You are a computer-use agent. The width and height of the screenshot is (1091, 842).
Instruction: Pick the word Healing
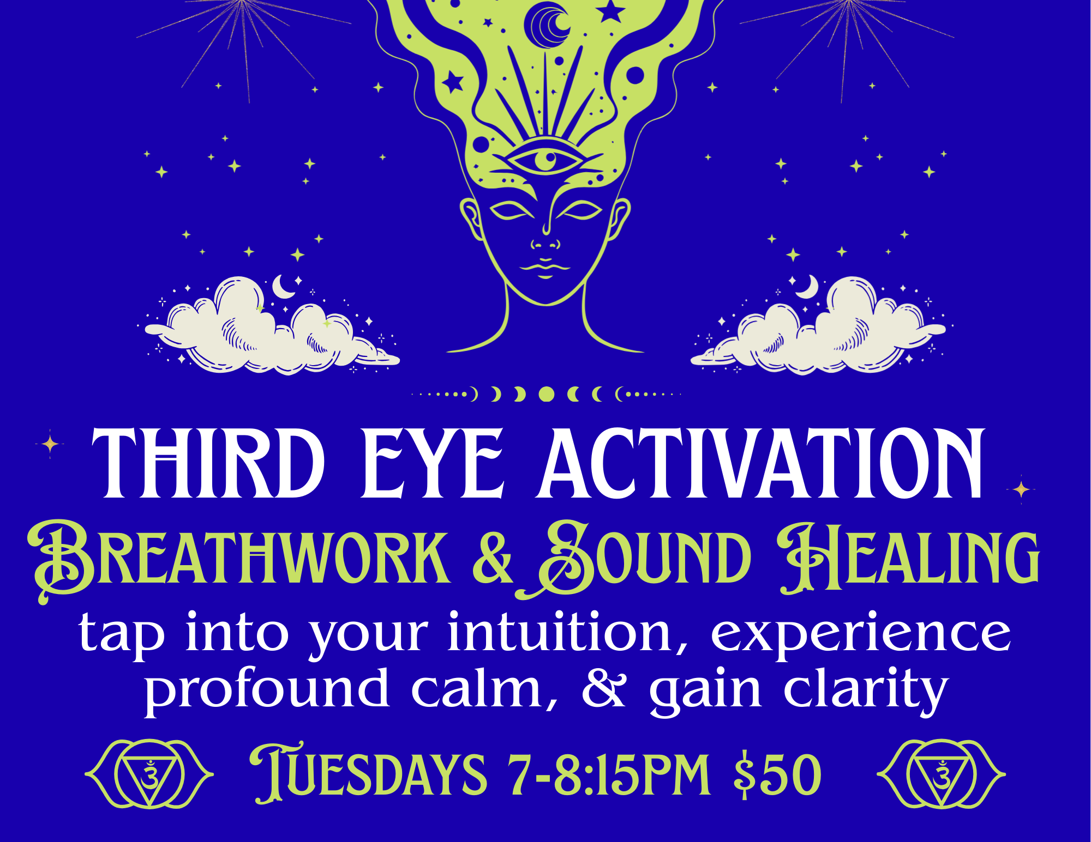tap(908, 558)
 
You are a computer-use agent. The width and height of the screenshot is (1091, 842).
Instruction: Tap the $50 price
tap(777, 774)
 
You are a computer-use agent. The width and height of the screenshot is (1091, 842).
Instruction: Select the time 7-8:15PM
tap(609, 774)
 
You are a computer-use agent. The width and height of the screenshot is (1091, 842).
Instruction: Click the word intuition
tap(567, 632)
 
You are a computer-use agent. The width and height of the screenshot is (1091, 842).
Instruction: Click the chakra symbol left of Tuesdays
tap(149, 773)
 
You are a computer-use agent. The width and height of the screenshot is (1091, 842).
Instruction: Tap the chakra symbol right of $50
tap(942, 773)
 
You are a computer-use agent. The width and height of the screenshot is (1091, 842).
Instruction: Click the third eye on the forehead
tap(544, 160)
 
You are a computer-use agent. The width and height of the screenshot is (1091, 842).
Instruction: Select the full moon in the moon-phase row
tap(546, 394)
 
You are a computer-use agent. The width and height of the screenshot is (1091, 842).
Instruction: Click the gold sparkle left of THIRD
tap(50, 444)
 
